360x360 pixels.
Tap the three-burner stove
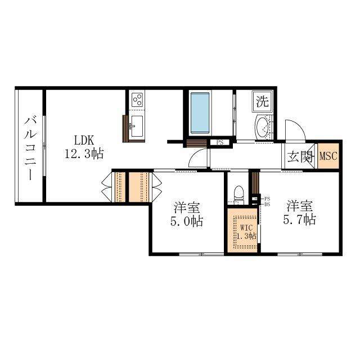[x=137, y=100]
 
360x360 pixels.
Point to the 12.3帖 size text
[x=84, y=152]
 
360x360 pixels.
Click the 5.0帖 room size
[x=187, y=221]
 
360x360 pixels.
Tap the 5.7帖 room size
[x=300, y=219]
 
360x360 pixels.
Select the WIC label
[x=247, y=228]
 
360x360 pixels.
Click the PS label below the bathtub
[x=220, y=142]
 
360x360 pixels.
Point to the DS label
[x=267, y=204]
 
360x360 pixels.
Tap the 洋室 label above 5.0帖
[x=186, y=207]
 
